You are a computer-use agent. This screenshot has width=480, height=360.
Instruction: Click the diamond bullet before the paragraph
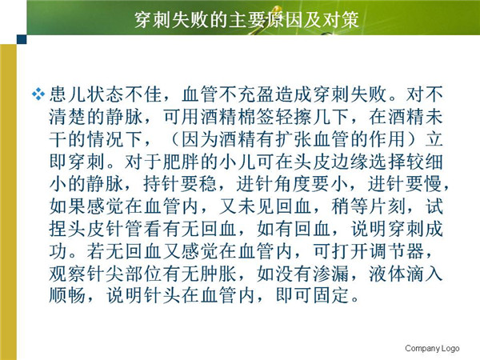pos(38,94)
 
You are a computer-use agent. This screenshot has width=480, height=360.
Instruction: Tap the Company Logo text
pos(432,348)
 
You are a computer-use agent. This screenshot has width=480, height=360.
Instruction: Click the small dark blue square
pos(22,39)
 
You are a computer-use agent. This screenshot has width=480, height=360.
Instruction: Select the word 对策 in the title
pos(340,20)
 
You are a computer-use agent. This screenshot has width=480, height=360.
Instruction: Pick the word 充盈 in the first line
pos(256,94)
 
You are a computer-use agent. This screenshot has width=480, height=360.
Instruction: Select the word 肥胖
pos(181,162)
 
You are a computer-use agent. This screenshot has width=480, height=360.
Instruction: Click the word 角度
pos(294,184)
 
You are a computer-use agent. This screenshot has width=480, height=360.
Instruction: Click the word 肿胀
pos(218,274)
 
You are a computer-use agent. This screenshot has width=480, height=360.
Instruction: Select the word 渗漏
pos(331,274)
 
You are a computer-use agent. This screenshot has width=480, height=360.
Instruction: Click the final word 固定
pos(331,296)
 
